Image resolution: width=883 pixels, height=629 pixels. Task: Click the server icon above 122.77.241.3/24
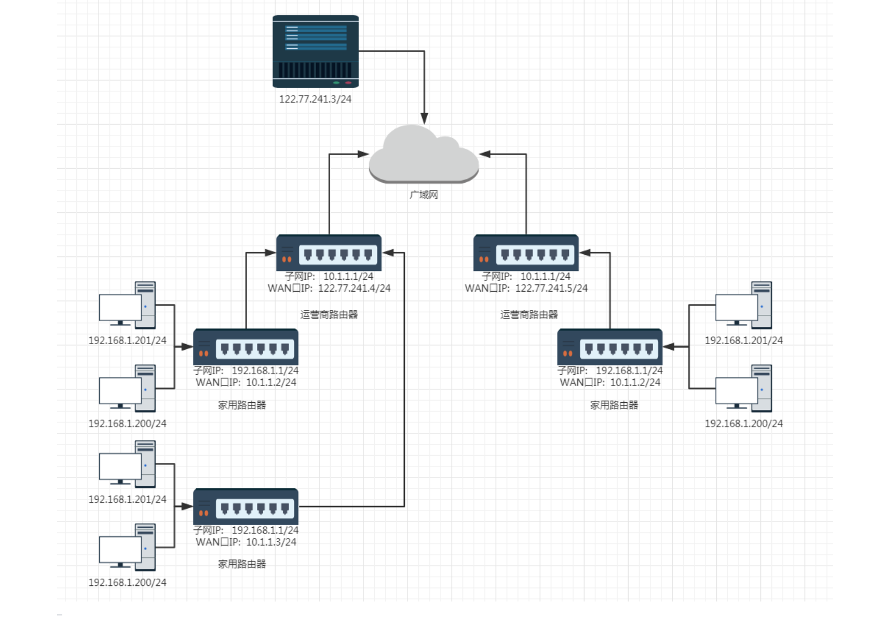[x=316, y=51]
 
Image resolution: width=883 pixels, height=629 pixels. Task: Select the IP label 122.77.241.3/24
[x=315, y=99]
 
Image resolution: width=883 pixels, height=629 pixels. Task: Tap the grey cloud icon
[x=424, y=155]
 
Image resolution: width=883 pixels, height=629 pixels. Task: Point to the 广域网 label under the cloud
[x=424, y=195]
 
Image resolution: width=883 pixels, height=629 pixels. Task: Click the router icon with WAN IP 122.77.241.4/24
[x=329, y=253]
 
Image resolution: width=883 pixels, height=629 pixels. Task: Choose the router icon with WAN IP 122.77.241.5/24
[x=526, y=253]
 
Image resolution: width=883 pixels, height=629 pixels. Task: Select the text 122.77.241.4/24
[x=354, y=289]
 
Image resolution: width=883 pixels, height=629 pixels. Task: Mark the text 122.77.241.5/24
[x=551, y=289]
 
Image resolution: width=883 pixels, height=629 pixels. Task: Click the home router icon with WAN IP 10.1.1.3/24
[x=246, y=507]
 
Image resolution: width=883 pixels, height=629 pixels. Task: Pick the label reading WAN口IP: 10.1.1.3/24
[x=246, y=542]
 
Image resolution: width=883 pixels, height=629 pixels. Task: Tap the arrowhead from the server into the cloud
[x=424, y=118]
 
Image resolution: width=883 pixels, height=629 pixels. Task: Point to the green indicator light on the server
[x=336, y=83]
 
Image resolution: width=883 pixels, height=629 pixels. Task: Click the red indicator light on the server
[x=348, y=83]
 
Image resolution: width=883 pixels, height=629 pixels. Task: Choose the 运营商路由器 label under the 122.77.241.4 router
[x=329, y=314]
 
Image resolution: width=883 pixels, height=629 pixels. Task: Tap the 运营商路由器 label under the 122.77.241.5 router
[x=529, y=314]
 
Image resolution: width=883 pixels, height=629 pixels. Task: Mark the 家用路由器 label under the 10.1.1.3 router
[x=242, y=564]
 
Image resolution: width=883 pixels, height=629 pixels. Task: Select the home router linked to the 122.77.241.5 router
[x=610, y=347]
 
